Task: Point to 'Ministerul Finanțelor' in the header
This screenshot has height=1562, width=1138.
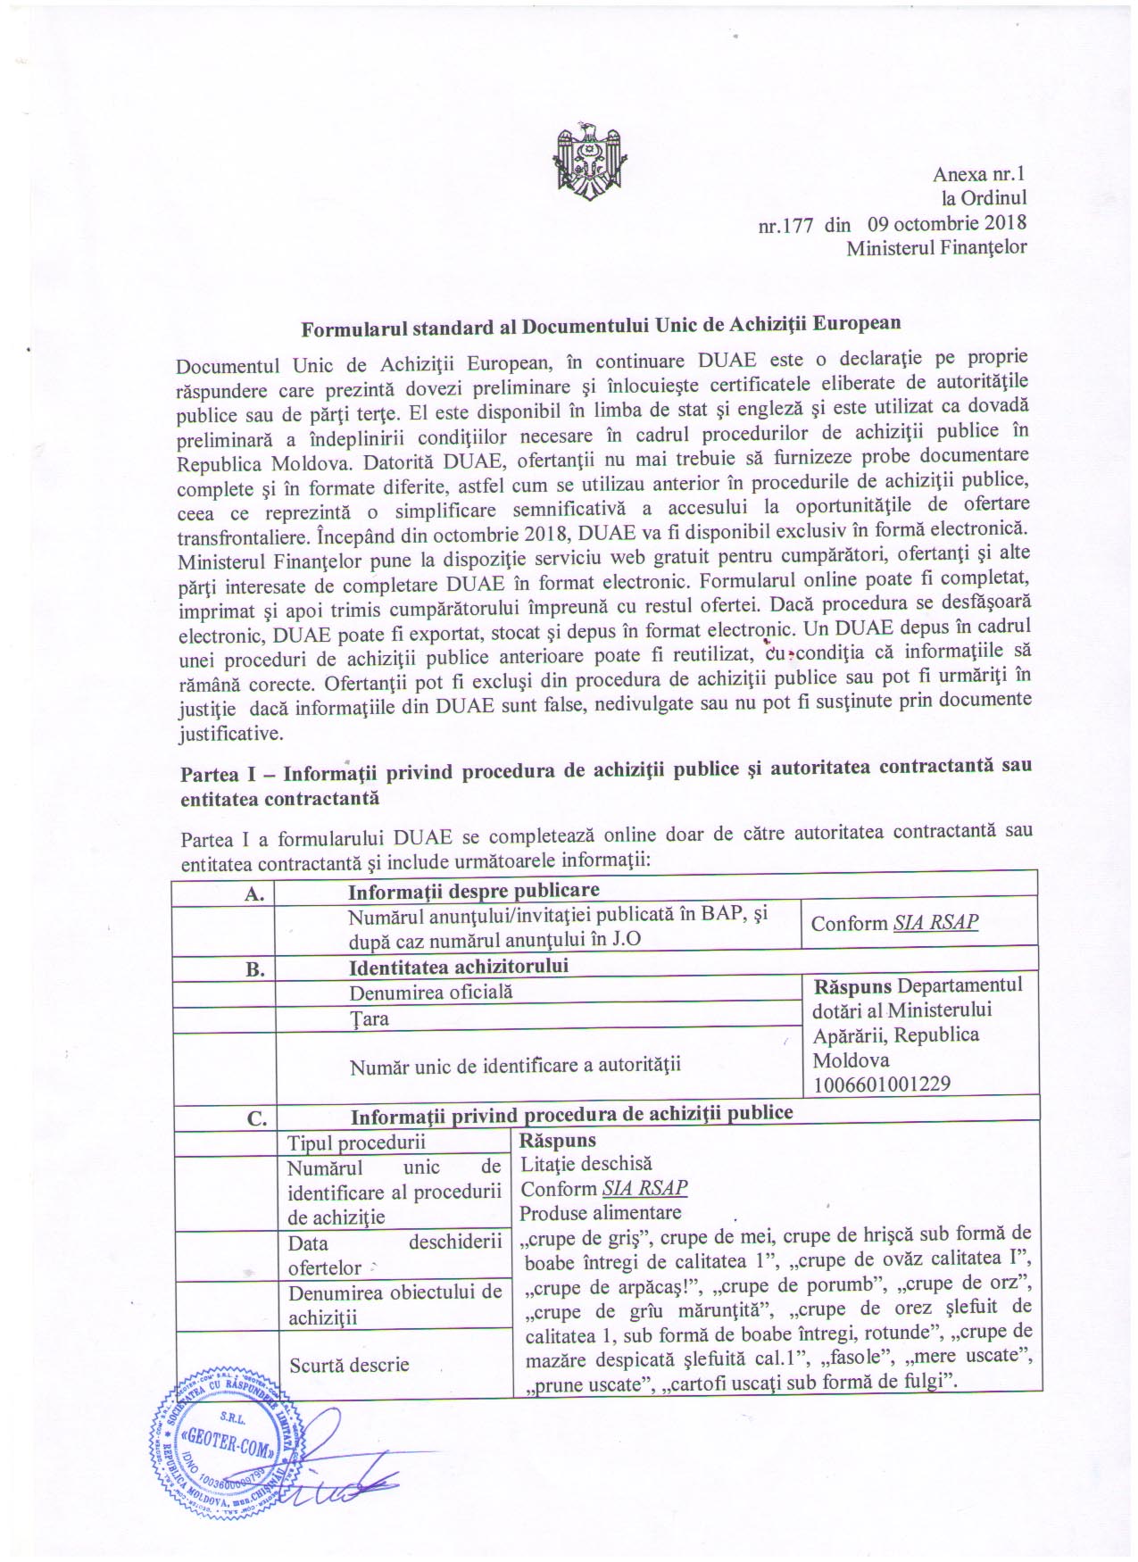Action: click(x=936, y=247)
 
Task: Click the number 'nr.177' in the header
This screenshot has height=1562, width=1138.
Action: click(x=785, y=225)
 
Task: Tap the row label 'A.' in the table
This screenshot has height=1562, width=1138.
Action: click(x=254, y=893)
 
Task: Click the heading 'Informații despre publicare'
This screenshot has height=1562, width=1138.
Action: click(x=473, y=890)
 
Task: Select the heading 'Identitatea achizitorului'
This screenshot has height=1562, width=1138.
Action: click(x=459, y=966)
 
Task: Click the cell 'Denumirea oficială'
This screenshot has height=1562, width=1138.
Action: click(x=431, y=992)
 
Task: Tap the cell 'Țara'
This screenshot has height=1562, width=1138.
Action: click(x=370, y=1018)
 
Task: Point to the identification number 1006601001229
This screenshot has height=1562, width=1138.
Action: click(x=881, y=1084)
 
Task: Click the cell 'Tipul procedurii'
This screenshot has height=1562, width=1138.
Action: click(x=356, y=1142)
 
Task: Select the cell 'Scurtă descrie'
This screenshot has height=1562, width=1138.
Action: click(x=349, y=1365)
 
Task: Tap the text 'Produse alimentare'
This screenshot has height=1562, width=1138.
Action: click(x=600, y=1212)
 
